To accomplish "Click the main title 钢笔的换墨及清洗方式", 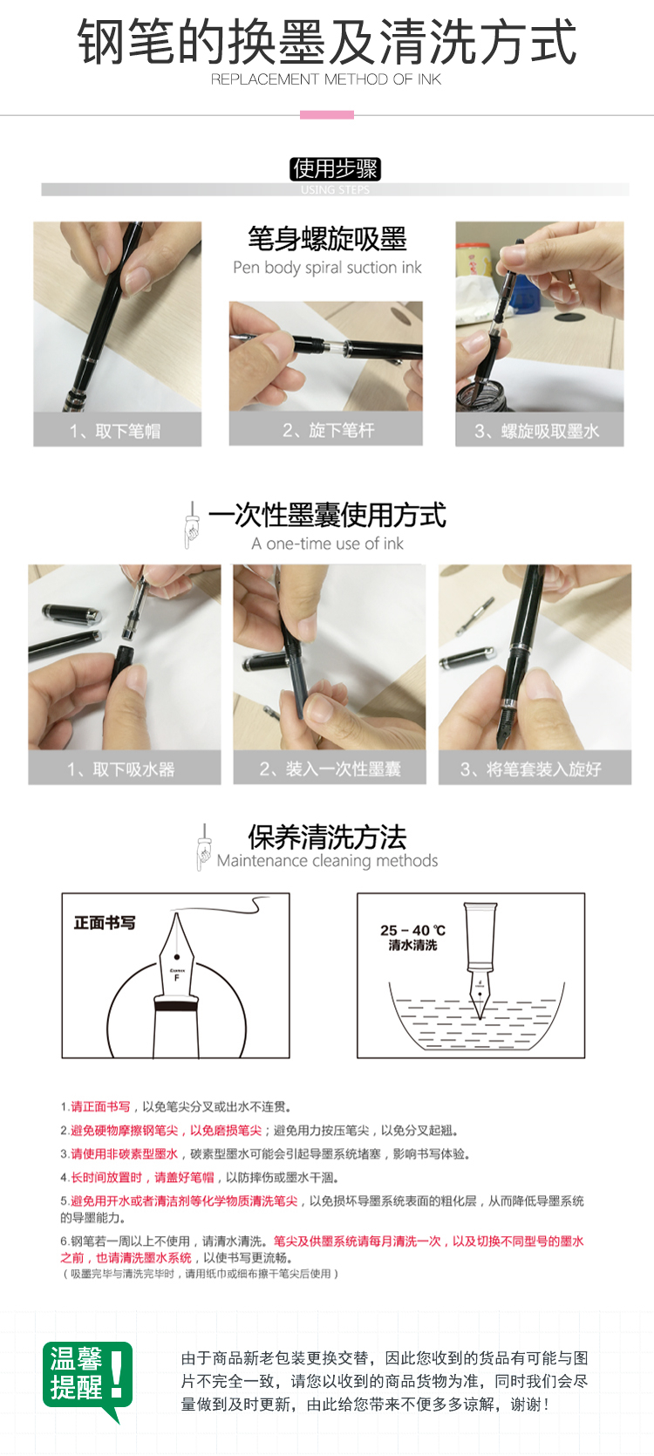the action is click(327, 41).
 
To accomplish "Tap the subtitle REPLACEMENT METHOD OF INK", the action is click(326, 79).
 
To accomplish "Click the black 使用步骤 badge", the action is click(335, 169).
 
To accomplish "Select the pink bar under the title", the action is click(327, 115).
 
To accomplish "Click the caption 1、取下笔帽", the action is click(115, 431).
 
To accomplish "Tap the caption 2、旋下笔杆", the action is click(328, 430).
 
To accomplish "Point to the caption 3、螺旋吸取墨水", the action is click(537, 431).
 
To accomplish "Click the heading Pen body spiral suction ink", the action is click(327, 267).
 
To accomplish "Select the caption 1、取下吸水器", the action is click(121, 769).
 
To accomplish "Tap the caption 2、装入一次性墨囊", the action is click(330, 769).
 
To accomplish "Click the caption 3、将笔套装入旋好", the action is click(530, 769).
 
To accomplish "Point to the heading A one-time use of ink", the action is click(327, 543).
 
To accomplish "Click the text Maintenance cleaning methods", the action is click(327, 860).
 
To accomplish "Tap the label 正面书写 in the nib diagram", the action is click(105, 923).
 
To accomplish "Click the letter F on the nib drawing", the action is click(177, 978).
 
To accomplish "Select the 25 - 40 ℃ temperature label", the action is click(413, 930).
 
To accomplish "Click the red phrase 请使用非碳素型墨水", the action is click(124, 1154).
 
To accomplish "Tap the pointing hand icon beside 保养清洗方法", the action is click(204, 847).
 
